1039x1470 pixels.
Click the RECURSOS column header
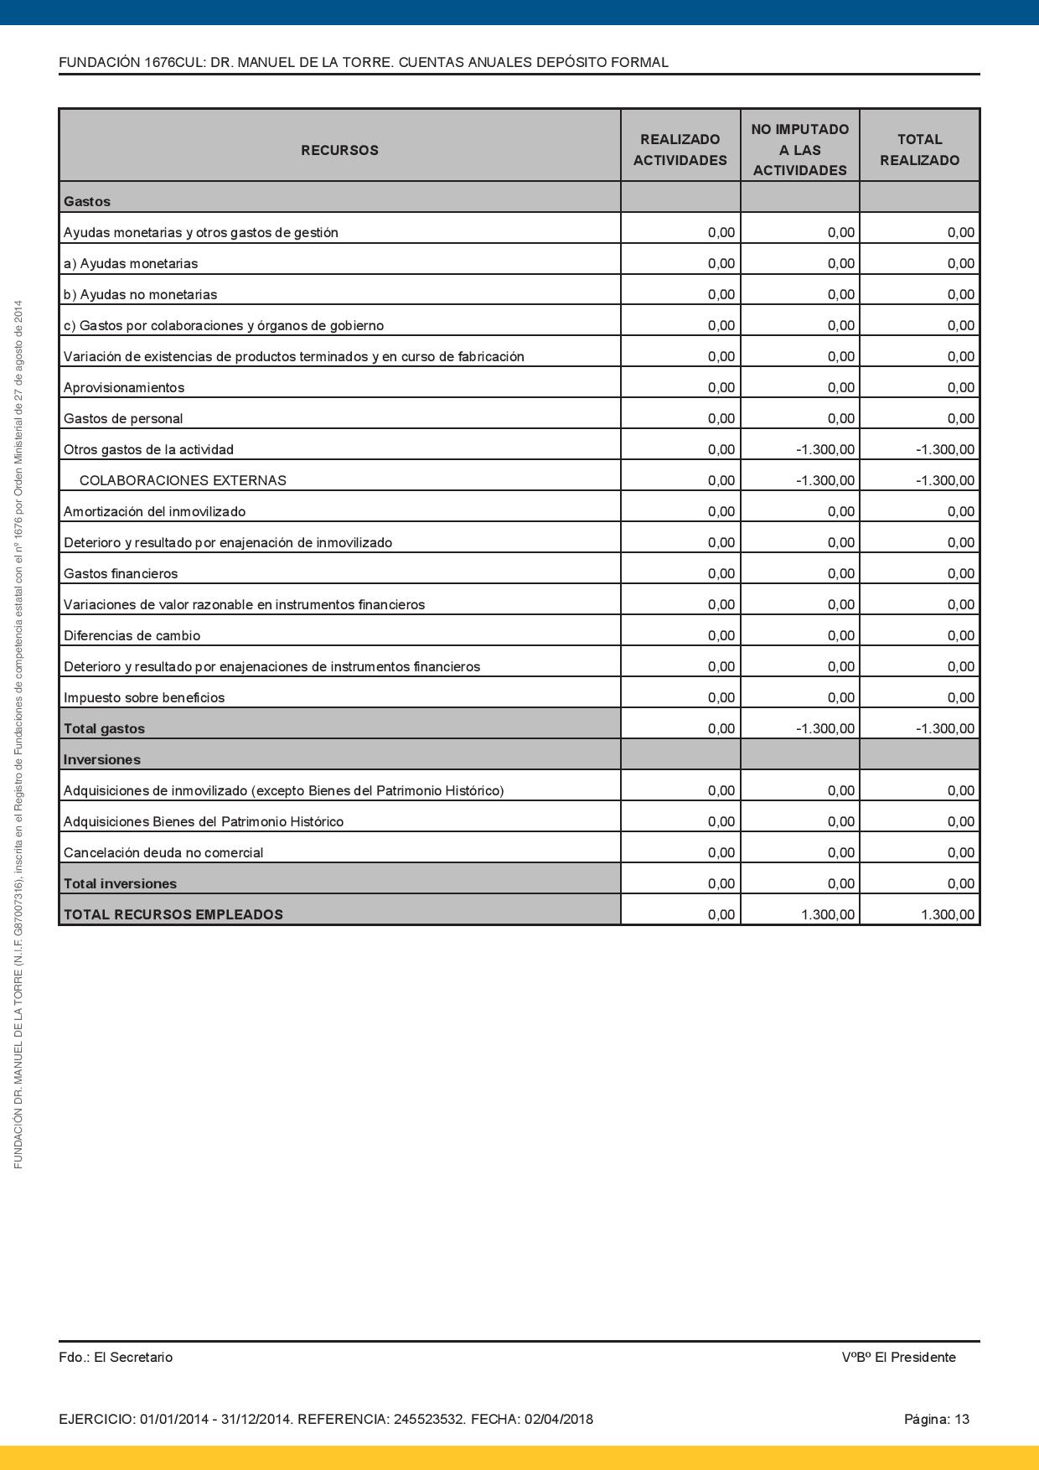pos(339,150)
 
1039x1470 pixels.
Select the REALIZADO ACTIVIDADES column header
pos(680,150)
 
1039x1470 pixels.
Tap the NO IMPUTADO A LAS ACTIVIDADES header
pos(799,150)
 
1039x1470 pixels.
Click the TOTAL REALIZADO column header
pos(919,150)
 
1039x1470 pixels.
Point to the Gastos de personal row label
pos(123,418)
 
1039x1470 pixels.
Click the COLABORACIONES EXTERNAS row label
pos(183,480)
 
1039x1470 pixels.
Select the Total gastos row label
pos(104,728)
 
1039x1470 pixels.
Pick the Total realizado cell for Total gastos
pos(944,728)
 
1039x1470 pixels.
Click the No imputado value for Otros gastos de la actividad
pos(824,449)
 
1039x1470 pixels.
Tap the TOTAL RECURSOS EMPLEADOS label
pos(173,914)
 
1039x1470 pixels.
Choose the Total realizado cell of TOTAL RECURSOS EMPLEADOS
pos(947,914)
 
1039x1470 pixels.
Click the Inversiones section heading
pos(101,759)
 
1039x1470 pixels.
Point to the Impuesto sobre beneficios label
pos(144,697)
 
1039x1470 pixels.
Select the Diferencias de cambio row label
pos(132,635)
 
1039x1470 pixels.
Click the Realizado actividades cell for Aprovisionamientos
pos(721,387)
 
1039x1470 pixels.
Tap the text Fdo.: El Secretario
pos(116,1357)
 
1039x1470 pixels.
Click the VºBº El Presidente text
pos(898,1357)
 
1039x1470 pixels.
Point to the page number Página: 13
pos(936,1419)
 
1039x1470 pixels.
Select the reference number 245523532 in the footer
pos(429,1419)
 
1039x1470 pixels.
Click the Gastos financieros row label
pos(121,573)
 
